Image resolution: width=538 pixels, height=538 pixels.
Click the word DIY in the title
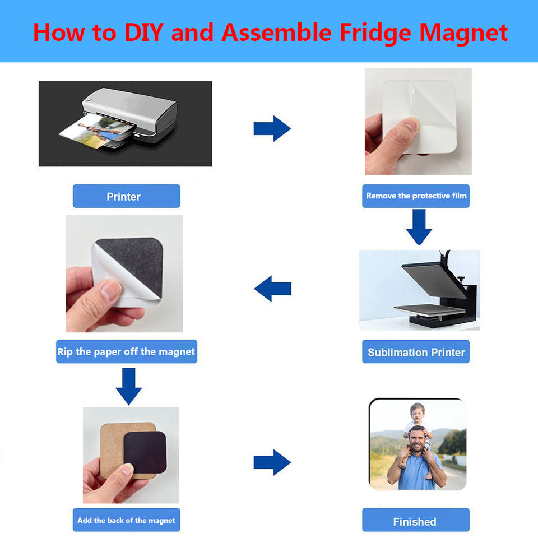click(144, 33)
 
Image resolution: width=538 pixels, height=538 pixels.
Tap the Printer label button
click(126, 196)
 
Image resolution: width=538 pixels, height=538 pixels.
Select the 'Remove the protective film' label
click(416, 196)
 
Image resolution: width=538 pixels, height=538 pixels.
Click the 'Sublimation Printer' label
click(416, 352)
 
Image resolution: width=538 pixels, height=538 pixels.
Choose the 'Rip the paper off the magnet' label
click(127, 351)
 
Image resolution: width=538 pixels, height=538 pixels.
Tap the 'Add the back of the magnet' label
click(126, 520)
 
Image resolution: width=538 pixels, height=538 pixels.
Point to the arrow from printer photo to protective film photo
click(272, 129)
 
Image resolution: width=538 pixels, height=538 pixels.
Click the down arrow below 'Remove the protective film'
click(419, 227)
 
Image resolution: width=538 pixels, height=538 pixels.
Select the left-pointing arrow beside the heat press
click(272, 289)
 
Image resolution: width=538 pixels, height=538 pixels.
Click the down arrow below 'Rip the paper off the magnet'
click(129, 386)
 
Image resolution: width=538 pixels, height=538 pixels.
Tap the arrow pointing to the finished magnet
click(272, 462)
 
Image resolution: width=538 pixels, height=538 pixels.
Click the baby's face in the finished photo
click(417, 414)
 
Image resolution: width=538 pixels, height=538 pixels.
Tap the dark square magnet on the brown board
click(145, 452)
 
